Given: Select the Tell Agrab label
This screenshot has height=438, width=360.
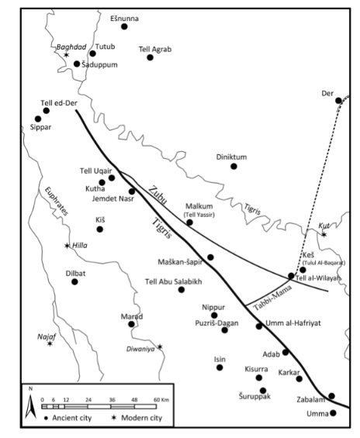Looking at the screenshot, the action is coord(154,48).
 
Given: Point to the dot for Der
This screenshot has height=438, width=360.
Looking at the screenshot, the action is coord(338,100).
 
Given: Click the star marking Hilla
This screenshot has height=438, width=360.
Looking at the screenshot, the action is coord(67,247).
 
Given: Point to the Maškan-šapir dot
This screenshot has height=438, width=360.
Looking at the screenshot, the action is coord(210,257).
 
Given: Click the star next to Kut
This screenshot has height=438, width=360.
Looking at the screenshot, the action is coord(324,234).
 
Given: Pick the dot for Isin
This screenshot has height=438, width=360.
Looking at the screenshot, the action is coord(220,367).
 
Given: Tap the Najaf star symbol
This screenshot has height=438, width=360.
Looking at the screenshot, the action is coord(50,343).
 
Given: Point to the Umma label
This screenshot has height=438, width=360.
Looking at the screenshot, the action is coord(318,413).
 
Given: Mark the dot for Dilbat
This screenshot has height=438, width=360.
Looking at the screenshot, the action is coord(75,281).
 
